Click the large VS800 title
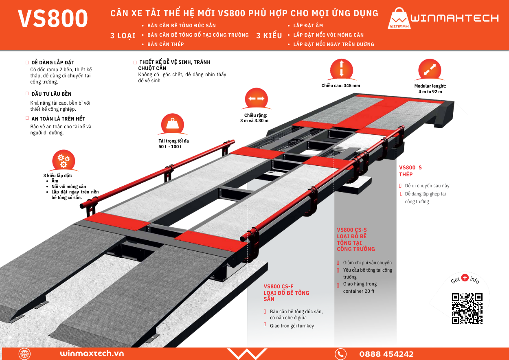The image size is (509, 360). (53, 18)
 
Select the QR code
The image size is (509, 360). (467, 308)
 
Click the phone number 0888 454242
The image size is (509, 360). (386, 354)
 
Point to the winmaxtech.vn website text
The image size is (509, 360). (92, 353)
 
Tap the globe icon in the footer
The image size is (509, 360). (24, 354)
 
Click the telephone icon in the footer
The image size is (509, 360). (340, 354)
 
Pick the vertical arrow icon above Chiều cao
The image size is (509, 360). (341, 68)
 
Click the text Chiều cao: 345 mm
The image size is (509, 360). (341, 86)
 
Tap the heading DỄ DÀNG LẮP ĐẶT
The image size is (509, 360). (53, 63)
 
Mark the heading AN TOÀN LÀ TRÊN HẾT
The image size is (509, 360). (58, 119)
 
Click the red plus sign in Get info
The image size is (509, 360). (465, 277)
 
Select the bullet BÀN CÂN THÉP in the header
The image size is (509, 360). (165, 44)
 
